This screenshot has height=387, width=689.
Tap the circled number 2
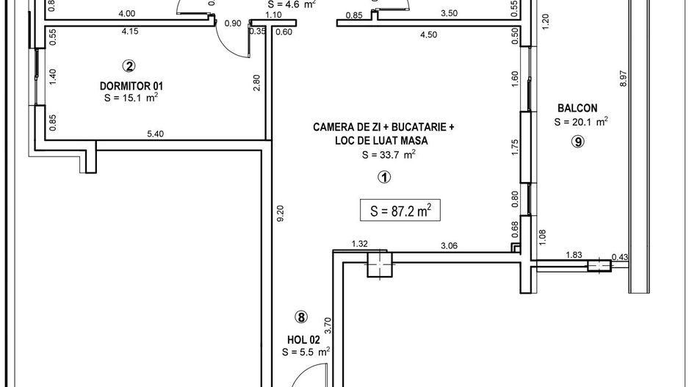click(129, 66)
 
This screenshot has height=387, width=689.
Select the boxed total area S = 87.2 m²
click(400, 211)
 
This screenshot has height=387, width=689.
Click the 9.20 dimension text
click(278, 214)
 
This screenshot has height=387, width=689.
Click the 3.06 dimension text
click(449, 246)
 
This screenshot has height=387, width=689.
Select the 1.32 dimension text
click(359, 243)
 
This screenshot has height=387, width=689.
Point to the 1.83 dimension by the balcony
click(574, 255)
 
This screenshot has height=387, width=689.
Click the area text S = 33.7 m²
click(389, 154)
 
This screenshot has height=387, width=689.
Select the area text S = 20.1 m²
click(580, 122)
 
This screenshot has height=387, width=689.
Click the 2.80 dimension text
click(256, 82)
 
